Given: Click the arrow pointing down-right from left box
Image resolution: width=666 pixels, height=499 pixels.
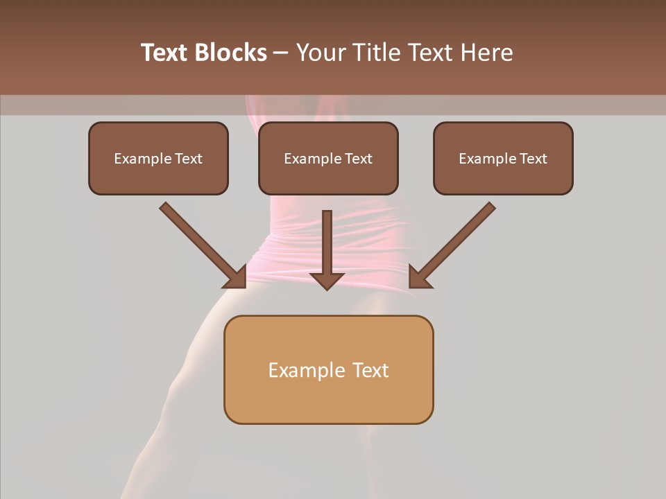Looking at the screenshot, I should [x=201, y=244].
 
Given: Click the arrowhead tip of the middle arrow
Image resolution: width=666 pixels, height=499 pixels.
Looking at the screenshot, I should [x=327, y=288].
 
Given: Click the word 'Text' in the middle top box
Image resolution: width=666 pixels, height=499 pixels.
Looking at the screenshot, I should [x=358, y=159].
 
